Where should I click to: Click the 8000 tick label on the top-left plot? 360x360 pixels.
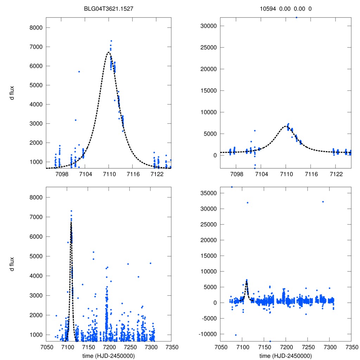[36, 28]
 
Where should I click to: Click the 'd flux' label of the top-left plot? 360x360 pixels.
[12, 95]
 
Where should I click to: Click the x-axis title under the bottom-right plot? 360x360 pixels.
[285, 356]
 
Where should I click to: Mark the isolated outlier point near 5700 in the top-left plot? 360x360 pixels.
[79, 72]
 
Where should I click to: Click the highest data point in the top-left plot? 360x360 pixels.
[111, 41]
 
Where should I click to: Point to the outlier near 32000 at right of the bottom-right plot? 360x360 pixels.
[323, 202]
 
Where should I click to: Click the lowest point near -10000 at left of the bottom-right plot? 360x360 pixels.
[236, 335]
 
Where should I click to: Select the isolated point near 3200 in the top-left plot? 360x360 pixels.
[75, 120]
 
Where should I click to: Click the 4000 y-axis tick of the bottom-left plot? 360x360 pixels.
[36, 276]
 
